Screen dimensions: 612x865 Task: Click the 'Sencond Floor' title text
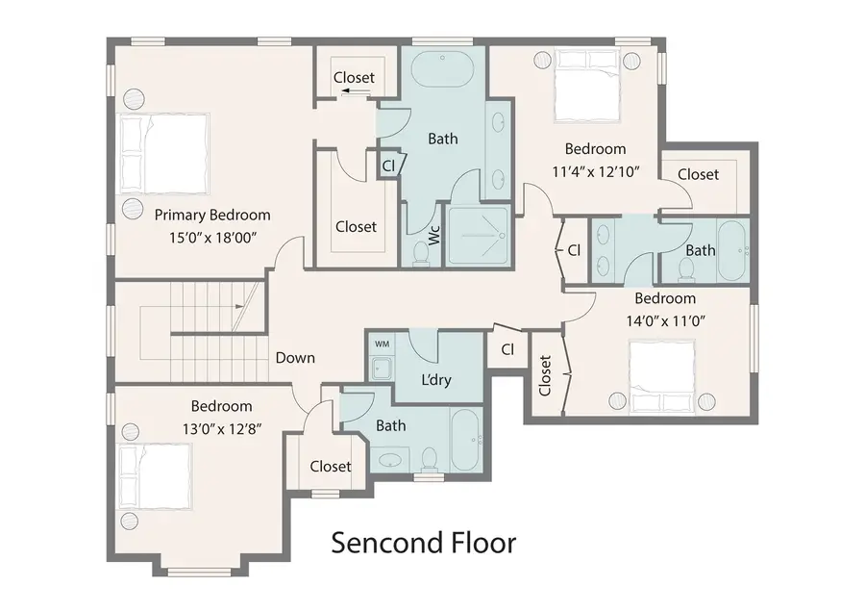click(423, 543)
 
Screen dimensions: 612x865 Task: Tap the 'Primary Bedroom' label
click(212, 216)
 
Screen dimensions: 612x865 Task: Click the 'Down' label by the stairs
click(295, 358)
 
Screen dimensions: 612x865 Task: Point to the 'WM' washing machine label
click(382, 344)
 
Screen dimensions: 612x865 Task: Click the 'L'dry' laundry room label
click(435, 379)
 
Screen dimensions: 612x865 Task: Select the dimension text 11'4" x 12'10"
click(595, 170)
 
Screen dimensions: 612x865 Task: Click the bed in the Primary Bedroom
click(164, 154)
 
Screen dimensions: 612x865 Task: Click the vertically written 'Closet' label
click(545, 376)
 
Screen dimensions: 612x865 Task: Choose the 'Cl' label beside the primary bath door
click(388, 166)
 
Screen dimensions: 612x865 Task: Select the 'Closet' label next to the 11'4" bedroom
click(698, 174)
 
